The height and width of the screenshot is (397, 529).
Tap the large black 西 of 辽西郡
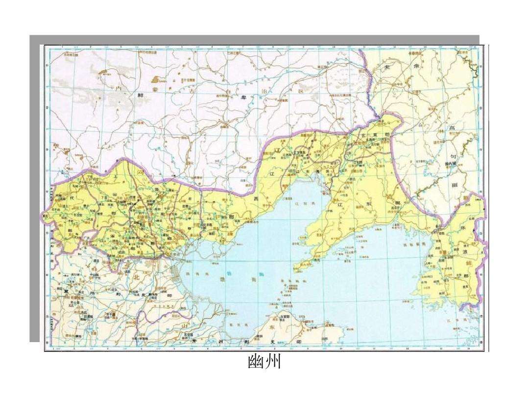click(x=256, y=198)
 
